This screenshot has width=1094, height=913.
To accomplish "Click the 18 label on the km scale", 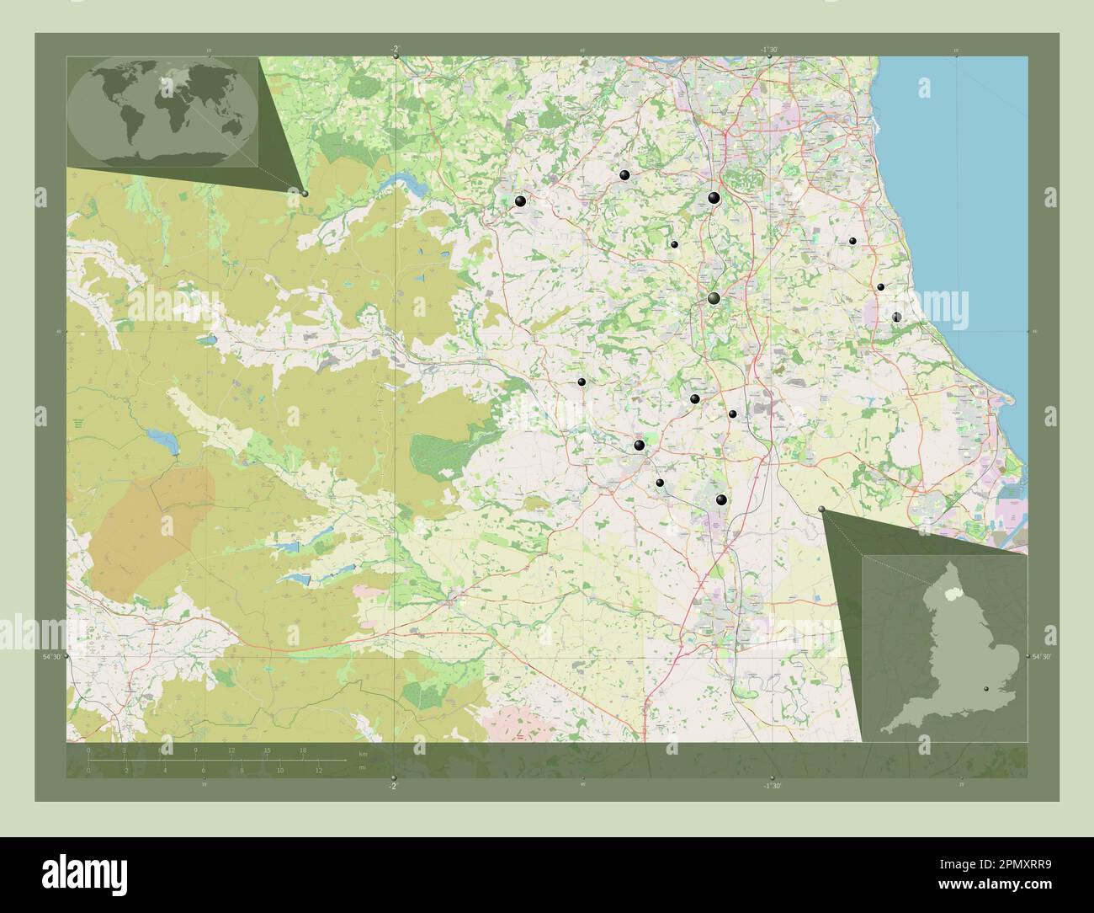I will point(303,750).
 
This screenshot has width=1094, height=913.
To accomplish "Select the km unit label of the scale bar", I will point(364,753).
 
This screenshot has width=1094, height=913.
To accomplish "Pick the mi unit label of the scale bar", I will point(364,768).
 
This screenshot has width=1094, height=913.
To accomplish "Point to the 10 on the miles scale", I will point(279,770).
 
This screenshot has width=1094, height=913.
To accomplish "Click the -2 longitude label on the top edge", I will point(393,50).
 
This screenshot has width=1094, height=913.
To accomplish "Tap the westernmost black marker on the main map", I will point(520,200).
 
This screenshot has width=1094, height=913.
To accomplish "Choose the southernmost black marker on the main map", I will point(720,499).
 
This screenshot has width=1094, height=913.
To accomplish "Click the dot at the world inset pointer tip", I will point(305,193).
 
